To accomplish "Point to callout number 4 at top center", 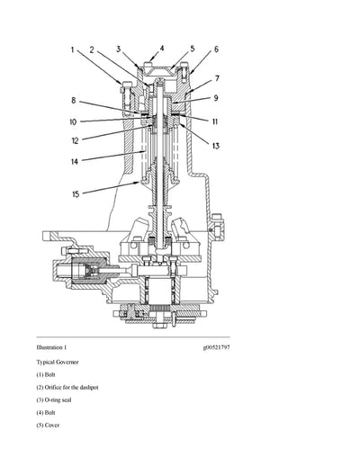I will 162,48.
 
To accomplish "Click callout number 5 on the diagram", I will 192,49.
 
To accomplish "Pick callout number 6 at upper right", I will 215,50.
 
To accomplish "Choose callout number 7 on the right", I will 216,78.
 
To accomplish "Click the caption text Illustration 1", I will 51,346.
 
